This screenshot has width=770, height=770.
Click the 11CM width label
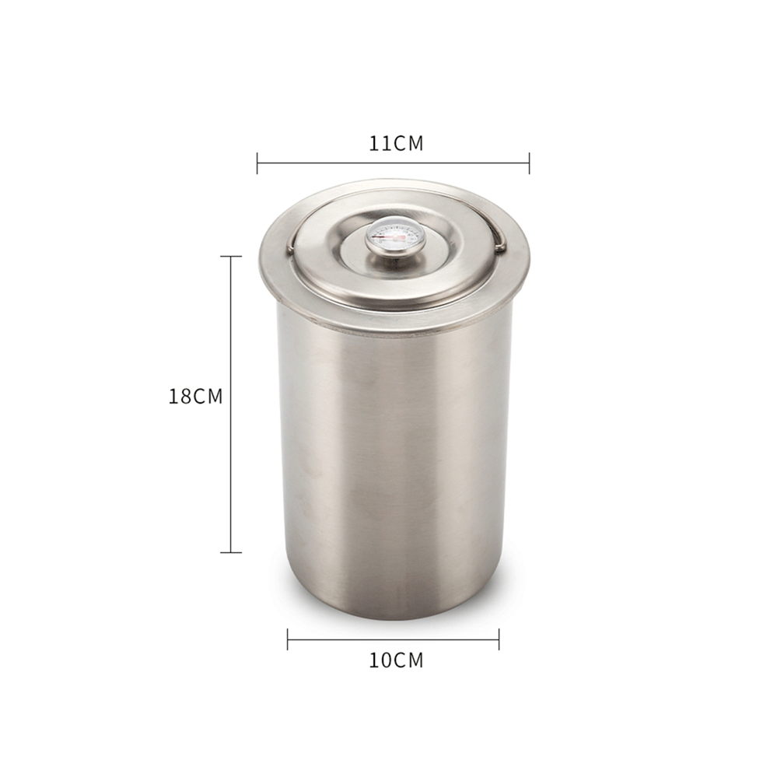coord(396,143)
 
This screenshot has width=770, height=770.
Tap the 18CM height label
coord(195,397)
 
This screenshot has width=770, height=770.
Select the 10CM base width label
coord(396,660)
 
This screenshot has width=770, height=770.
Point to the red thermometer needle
coord(387,236)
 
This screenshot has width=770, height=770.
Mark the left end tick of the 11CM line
coord(257,163)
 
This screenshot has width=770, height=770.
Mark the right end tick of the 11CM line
coord(529,163)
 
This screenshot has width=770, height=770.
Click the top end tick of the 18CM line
coord(231,257)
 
